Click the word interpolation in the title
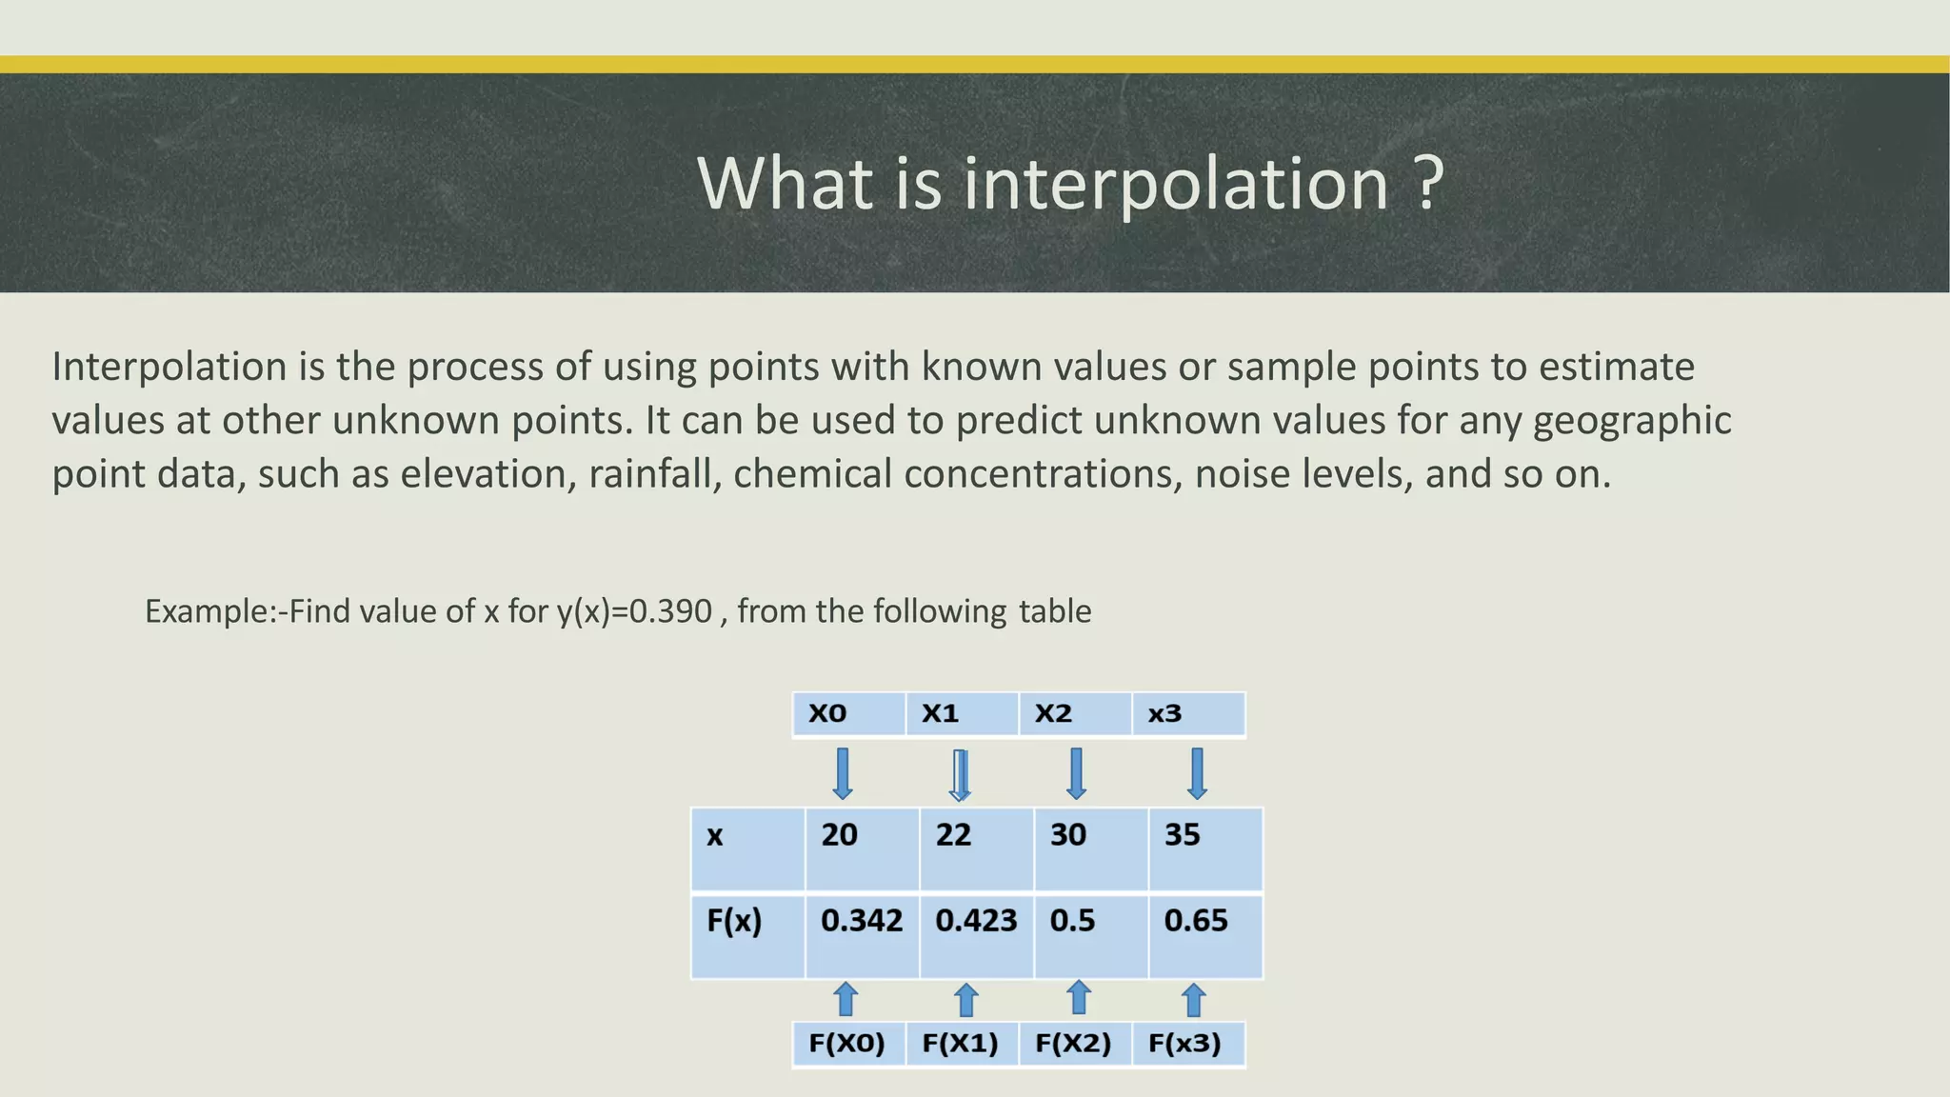click(x=1176, y=183)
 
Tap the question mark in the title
click(x=1428, y=183)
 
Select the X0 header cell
click(x=847, y=714)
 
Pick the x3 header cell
click(x=1187, y=714)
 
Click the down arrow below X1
click(x=961, y=774)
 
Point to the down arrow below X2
click(x=1076, y=773)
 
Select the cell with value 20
click(x=862, y=848)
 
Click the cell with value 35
click(x=1204, y=848)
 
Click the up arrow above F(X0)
click(x=846, y=1000)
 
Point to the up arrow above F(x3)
click(x=1193, y=1000)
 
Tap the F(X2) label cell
click(x=1074, y=1044)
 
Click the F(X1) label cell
click(x=961, y=1044)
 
